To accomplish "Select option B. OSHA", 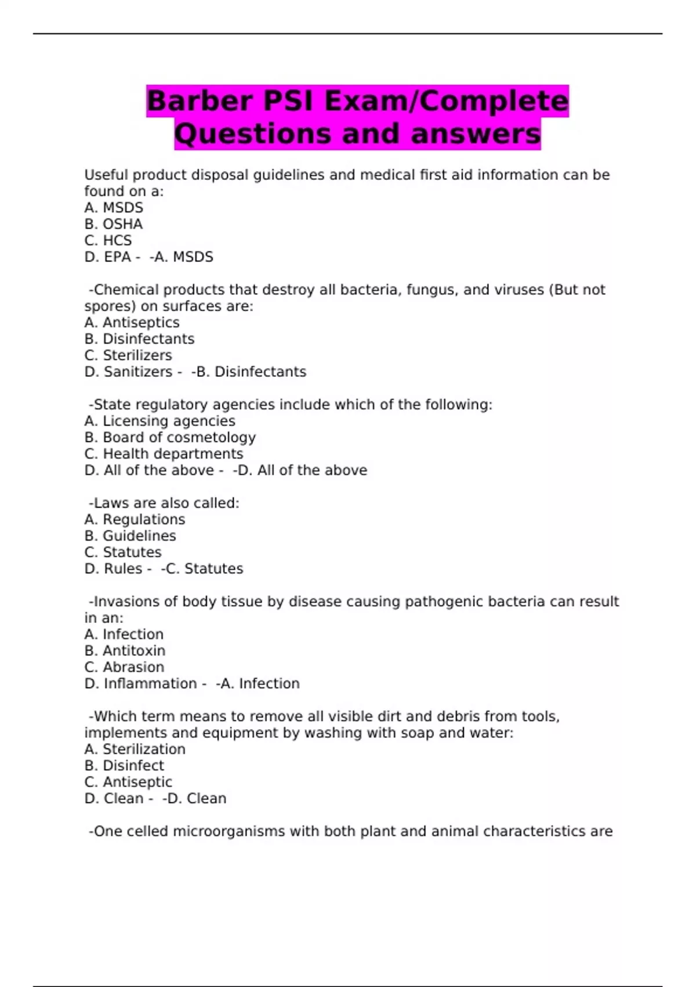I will (114, 224).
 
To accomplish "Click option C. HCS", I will (108, 240).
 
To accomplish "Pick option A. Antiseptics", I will (132, 322).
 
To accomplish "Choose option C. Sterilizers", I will (128, 355).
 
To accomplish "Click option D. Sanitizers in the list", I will (129, 372).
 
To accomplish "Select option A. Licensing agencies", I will (160, 421).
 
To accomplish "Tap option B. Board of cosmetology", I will (170, 437).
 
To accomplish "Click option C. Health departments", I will (164, 453).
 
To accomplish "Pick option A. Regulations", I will (135, 519).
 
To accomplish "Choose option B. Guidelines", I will (130, 535).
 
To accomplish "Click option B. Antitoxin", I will (125, 650).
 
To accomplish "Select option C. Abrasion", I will (125, 667).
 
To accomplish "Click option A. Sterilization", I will (135, 749).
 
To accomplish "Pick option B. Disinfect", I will (125, 765).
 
